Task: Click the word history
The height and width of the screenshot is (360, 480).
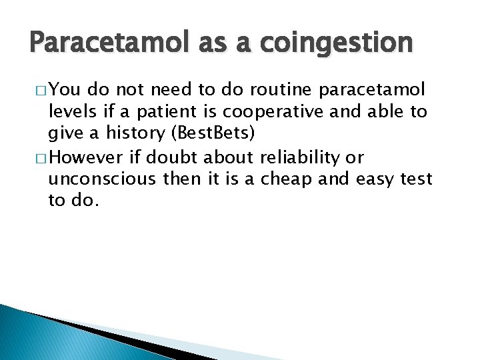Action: coord(127,133)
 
